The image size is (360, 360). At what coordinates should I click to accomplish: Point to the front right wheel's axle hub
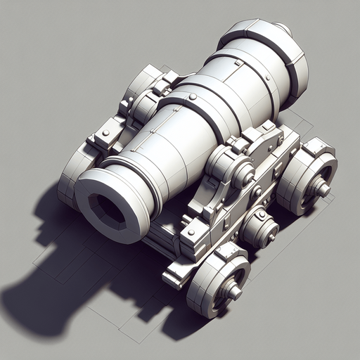coord(233,290)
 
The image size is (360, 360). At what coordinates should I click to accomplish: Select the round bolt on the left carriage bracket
coord(105,132)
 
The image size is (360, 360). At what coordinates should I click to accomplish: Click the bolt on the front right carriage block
coord(190,232)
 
